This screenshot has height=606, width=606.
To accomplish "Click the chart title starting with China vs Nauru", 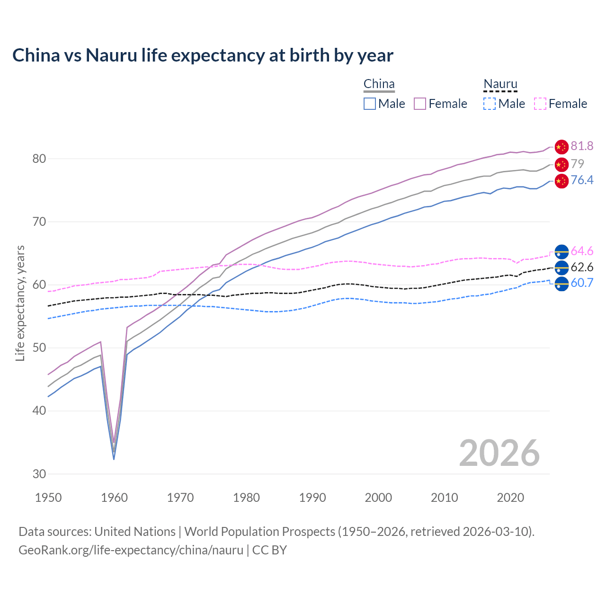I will (x=203, y=55).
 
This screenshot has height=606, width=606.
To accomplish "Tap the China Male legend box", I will (x=370, y=104).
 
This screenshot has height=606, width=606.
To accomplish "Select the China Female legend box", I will (x=420, y=104).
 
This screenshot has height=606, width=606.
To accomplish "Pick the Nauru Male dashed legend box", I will (x=490, y=104).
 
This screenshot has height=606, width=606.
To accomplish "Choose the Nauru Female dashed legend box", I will (x=540, y=104).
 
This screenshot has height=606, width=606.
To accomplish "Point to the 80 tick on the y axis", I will (x=39, y=159).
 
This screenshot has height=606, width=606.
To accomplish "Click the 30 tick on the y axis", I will (x=39, y=474).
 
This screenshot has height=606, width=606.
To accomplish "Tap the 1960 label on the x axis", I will (x=115, y=498).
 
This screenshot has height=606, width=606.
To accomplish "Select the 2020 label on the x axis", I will (x=510, y=498).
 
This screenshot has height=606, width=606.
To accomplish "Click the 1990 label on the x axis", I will (x=312, y=498).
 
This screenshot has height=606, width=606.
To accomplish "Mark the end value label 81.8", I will (x=582, y=146).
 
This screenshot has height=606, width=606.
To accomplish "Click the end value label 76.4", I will (x=582, y=180).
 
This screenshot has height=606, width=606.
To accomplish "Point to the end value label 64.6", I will (x=582, y=251).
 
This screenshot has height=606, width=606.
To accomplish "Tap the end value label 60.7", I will (x=582, y=283).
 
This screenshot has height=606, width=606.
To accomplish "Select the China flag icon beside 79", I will (x=561, y=164).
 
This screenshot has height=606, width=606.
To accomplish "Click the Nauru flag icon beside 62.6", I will (x=561, y=267).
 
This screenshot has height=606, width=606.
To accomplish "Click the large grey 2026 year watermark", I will (x=499, y=453).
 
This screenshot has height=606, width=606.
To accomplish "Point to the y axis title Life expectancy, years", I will (x=20, y=303).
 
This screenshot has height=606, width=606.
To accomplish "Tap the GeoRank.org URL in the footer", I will (x=131, y=550).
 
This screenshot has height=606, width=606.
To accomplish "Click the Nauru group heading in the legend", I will (x=500, y=84).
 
